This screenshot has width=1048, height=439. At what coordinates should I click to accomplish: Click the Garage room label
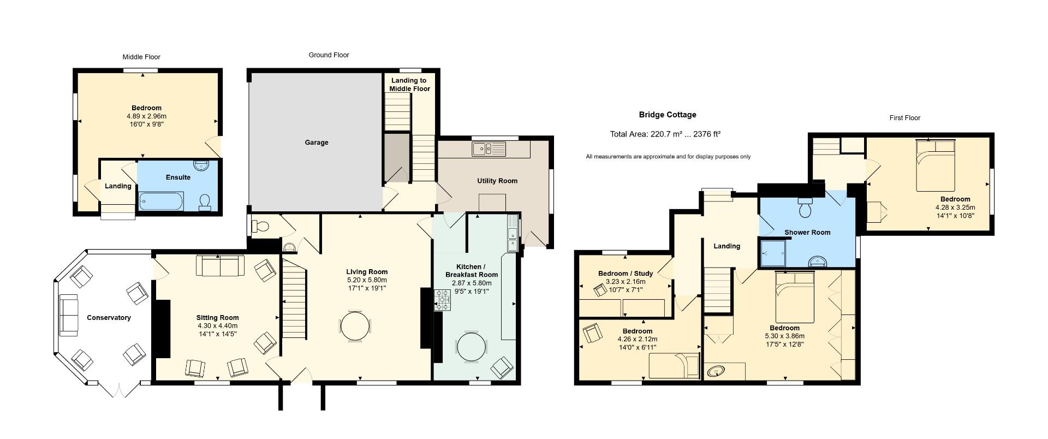(317, 143)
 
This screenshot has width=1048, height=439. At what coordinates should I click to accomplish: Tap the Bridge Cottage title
(668, 115)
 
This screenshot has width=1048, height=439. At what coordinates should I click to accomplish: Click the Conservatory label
(109, 318)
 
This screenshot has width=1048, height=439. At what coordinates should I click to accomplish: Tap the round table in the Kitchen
(471, 347)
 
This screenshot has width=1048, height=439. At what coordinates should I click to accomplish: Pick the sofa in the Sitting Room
(221, 266)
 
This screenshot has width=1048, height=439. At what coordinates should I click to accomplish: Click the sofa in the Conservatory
(68, 315)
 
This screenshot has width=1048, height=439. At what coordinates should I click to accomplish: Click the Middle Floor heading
(141, 57)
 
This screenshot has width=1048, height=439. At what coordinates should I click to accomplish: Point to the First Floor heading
(904, 118)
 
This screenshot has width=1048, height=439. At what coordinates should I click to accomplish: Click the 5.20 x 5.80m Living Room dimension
(367, 280)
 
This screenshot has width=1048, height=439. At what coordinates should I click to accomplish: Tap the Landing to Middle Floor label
(409, 85)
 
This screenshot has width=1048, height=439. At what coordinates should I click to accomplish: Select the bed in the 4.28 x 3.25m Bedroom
(935, 165)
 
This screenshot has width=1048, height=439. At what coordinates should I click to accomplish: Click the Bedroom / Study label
(626, 274)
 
